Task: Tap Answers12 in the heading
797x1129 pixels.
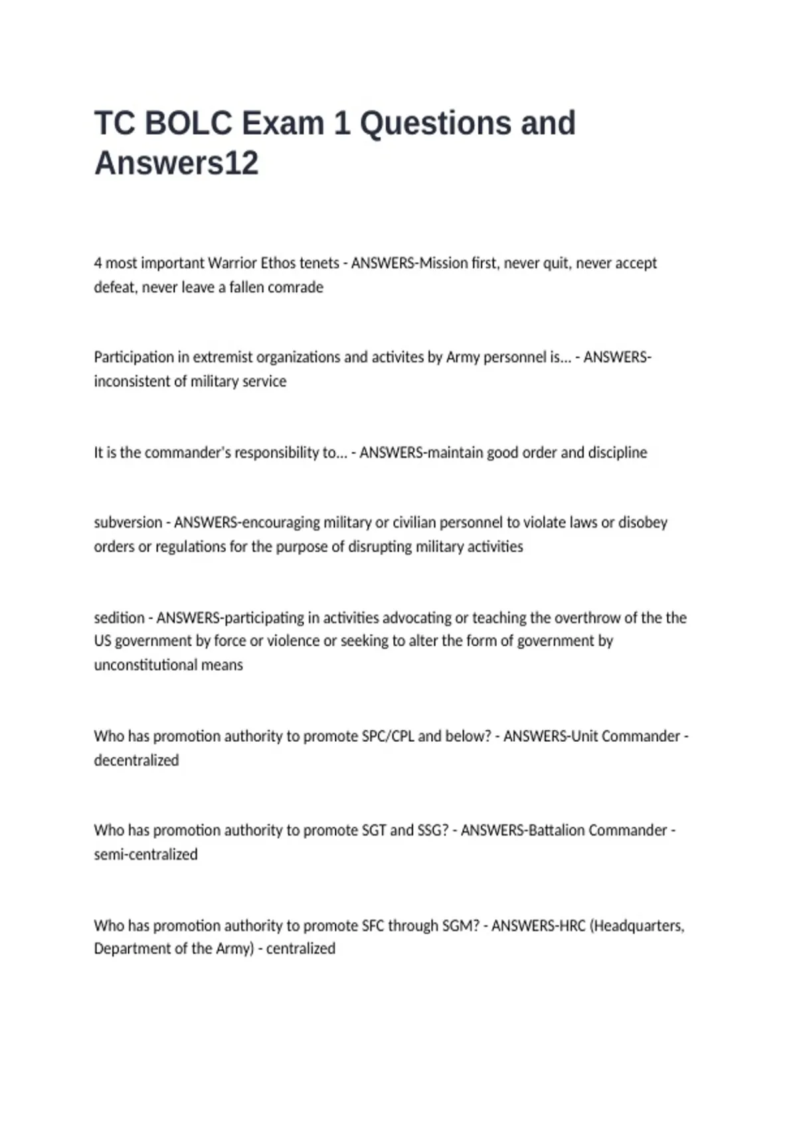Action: pos(176,163)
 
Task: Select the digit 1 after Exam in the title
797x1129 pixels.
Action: pos(341,124)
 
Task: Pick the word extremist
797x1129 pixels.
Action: pos(222,357)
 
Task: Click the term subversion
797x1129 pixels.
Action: pos(128,523)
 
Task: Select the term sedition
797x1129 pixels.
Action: pos(119,618)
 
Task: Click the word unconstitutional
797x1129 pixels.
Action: pos(168,665)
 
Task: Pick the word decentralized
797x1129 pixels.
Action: pos(136,760)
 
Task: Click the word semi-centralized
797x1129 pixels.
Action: pos(145,854)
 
